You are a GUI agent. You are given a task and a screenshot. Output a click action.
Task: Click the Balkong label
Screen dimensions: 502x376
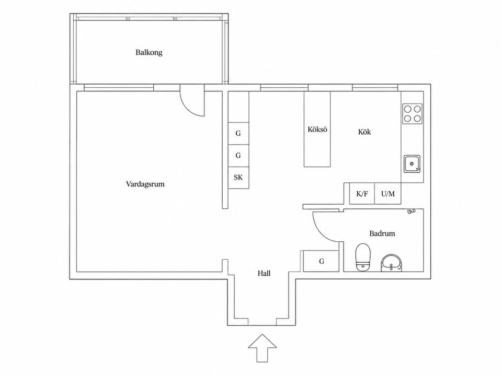pyautogui.click(x=149, y=52)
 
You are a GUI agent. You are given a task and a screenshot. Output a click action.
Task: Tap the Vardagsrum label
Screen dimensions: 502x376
pyautogui.click(x=145, y=184)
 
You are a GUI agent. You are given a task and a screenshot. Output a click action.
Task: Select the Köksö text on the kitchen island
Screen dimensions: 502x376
pyautogui.click(x=317, y=130)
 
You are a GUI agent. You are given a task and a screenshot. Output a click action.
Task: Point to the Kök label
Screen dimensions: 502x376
pyautogui.click(x=364, y=132)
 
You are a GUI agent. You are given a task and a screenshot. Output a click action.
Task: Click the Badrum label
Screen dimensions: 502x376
pyautogui.click(x=382, y=233)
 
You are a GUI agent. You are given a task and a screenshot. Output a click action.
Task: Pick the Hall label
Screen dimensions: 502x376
pyautogui.click(x=264, y=273)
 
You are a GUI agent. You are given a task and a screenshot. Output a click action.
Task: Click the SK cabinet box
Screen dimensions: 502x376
pyautogui.click(x=238, y=178)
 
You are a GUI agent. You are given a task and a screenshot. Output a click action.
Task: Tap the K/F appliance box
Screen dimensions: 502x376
pyautogui.click(x=362, y=193)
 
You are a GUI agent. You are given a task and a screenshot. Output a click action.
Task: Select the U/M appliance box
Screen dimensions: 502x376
pyautogui.click(x=387, y=193)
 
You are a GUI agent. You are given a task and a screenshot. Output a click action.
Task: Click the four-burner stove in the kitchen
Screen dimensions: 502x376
pyautogui.click(x=413, y=114)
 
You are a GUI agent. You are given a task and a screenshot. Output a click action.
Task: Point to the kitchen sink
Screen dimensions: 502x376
pyautogui.click(x=412, y=163)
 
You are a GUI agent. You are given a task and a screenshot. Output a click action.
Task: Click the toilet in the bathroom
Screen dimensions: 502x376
pyautogui.click(x=363, y=257)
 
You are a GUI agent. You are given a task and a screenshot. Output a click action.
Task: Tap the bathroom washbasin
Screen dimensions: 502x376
pyautogui.click(x=391, y=263)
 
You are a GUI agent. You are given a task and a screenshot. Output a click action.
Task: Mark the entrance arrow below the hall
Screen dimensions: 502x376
pyautogui.click(x=263, y=348)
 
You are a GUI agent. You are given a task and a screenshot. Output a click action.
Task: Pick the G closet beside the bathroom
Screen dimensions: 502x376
pyautogui.click(x=321, y=261)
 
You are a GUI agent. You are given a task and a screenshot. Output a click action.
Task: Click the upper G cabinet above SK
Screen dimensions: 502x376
pyautogui.click(x=238, y=133)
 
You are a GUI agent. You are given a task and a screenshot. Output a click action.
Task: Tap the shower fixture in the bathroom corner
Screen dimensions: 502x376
pyautogui.click(x=411, y=210)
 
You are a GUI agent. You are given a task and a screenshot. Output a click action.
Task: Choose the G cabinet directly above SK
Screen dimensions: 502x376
pyautogui.click(x=238, y=156)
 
